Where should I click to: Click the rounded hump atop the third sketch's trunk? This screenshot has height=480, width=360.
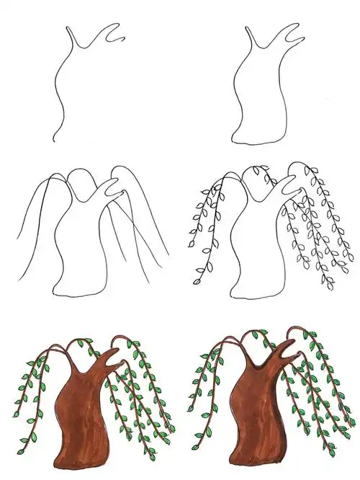pyautogui.click(x=81, y=173)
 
